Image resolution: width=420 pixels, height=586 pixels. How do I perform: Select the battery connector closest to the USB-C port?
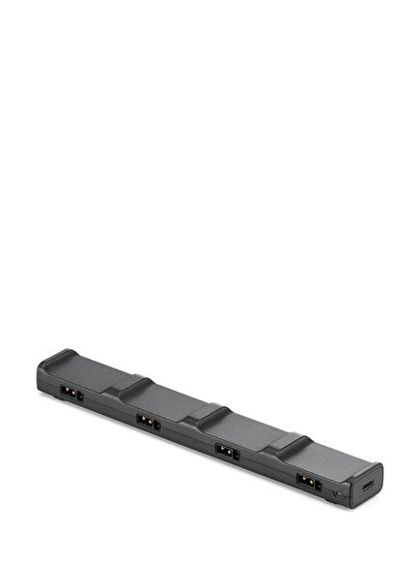click(x=306, y=481)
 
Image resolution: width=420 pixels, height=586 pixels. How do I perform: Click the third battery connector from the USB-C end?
click(x=149, y=422)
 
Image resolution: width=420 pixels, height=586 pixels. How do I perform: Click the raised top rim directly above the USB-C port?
click(x=367, y=471)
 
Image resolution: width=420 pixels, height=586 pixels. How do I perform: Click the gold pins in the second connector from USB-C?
click(x=225, y=451)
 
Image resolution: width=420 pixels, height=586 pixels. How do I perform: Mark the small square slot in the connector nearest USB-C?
click(x=314, y=483)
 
